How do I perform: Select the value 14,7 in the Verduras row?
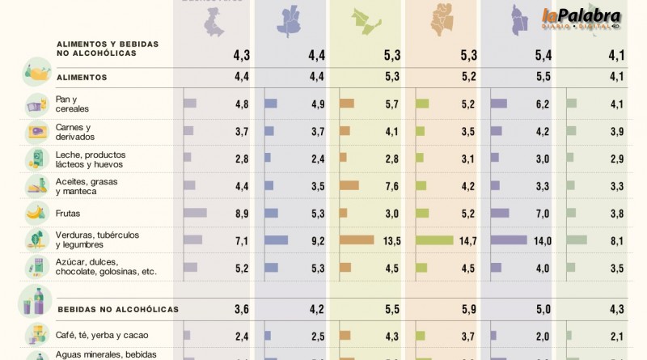(x=467, y=240)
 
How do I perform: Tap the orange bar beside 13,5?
(x=357, y=240)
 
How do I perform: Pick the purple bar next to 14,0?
(x=509, y=240)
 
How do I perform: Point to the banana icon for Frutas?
(x=35, y=214)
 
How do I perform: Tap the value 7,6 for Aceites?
(x=391, y=186)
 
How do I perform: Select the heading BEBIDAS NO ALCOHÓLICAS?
(x=118, y=309)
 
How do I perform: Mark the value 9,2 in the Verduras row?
(x=315, y=240)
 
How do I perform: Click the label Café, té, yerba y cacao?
(x=102, y=335)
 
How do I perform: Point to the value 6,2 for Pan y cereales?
(x=541, y=104)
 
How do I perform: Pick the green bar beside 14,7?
(x=434, y=240)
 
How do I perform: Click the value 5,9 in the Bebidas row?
(x=467, y=308)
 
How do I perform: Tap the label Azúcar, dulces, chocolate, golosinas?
(x=105, y=267)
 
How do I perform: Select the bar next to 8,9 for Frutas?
(x=196, y=214)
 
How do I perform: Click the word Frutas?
(x=70, y=214)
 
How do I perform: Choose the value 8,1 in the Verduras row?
(x=616, y=240)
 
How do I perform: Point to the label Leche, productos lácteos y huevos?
(x=91, y=159)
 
